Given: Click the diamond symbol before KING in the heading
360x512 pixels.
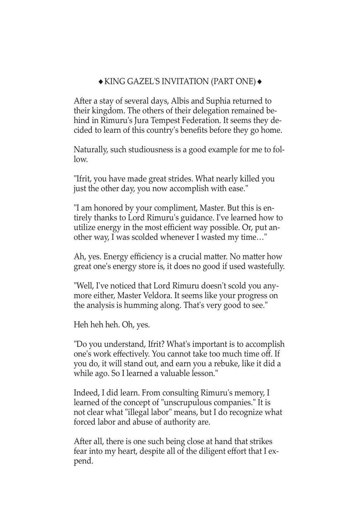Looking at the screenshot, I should tap(101, 82).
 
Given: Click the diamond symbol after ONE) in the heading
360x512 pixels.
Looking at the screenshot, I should tap(259, 82).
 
